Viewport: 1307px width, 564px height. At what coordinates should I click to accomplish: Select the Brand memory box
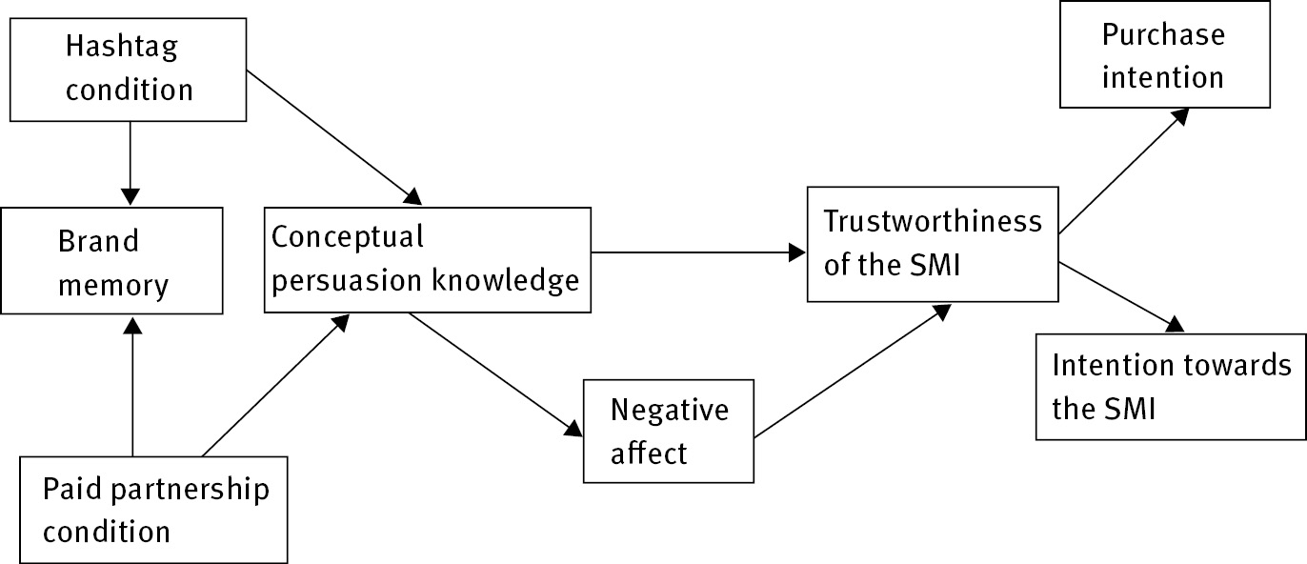pos(112,260)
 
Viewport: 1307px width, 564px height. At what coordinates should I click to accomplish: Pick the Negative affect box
pos(669,431)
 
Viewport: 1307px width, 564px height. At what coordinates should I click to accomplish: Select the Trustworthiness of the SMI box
pos(933,243)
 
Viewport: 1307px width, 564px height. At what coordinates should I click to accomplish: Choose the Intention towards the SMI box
pos(1171,386)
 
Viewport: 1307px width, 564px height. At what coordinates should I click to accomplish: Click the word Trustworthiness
pos(933,221)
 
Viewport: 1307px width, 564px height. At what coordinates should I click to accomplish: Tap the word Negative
pos(669,410)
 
